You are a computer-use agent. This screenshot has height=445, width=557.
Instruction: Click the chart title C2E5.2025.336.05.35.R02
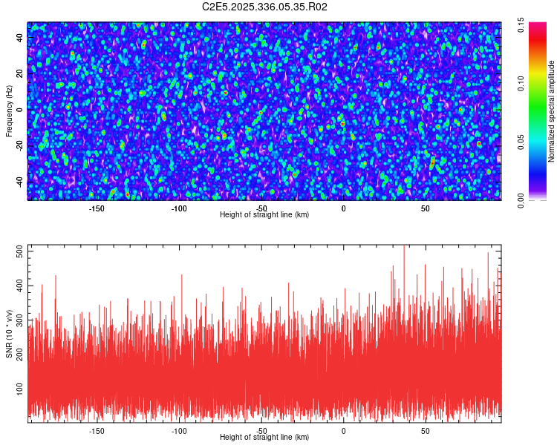click(265, 7)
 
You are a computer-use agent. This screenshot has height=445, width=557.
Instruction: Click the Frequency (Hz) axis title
click(9, 110)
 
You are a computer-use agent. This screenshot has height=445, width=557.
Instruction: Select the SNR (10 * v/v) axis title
click(9, 333)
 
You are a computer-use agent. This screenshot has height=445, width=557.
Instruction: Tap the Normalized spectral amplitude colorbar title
click(552, 111)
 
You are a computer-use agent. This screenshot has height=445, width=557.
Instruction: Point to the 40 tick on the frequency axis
click(20, 38)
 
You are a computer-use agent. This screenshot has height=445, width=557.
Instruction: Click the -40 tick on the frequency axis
click(20, 182)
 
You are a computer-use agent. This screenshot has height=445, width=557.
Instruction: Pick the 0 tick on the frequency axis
click(20, 110)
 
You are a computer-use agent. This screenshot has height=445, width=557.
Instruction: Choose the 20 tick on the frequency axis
click(20, 74)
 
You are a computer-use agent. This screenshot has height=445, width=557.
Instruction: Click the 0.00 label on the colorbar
click(521, 201)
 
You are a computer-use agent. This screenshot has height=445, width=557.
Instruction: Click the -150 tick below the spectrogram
click(97, 208)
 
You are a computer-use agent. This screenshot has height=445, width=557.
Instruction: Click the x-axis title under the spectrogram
click(264, 215)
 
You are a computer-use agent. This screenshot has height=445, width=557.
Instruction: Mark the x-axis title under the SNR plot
click(264, 438)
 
